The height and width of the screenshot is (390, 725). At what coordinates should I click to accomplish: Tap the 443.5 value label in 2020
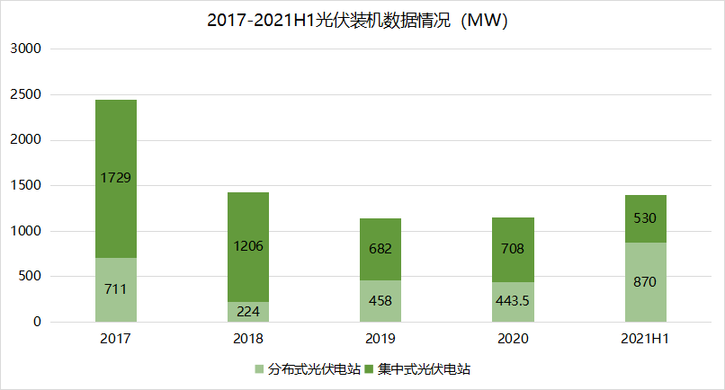pos(513,301)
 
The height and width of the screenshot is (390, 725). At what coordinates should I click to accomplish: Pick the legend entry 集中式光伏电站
pos(418,368)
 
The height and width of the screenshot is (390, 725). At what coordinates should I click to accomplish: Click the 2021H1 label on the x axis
pos(645,339)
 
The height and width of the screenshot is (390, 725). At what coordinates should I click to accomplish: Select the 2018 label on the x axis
pos(248,339)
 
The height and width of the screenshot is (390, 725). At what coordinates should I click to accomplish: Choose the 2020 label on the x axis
pos(513,339)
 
